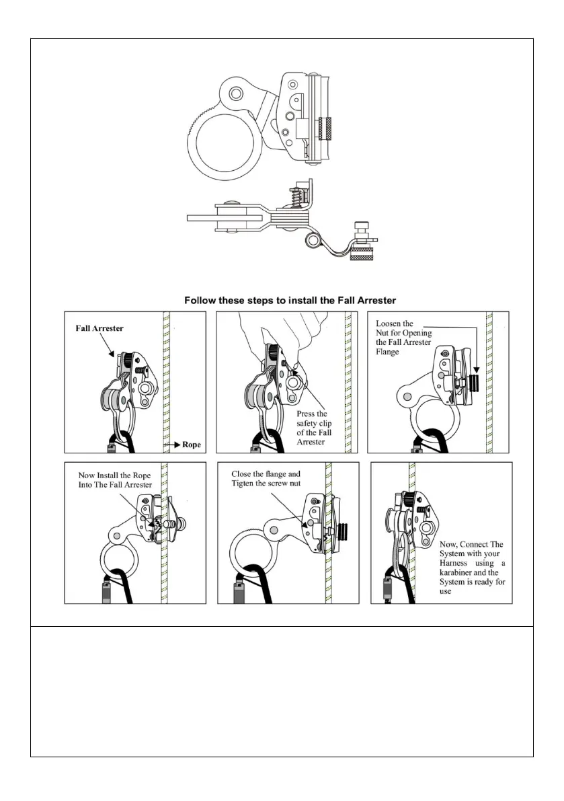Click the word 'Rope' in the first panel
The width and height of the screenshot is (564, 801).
tap(190, 445)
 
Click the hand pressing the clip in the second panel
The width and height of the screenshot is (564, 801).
tap(283, 336)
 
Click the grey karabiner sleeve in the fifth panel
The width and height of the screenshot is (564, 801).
tap(238, 593)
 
